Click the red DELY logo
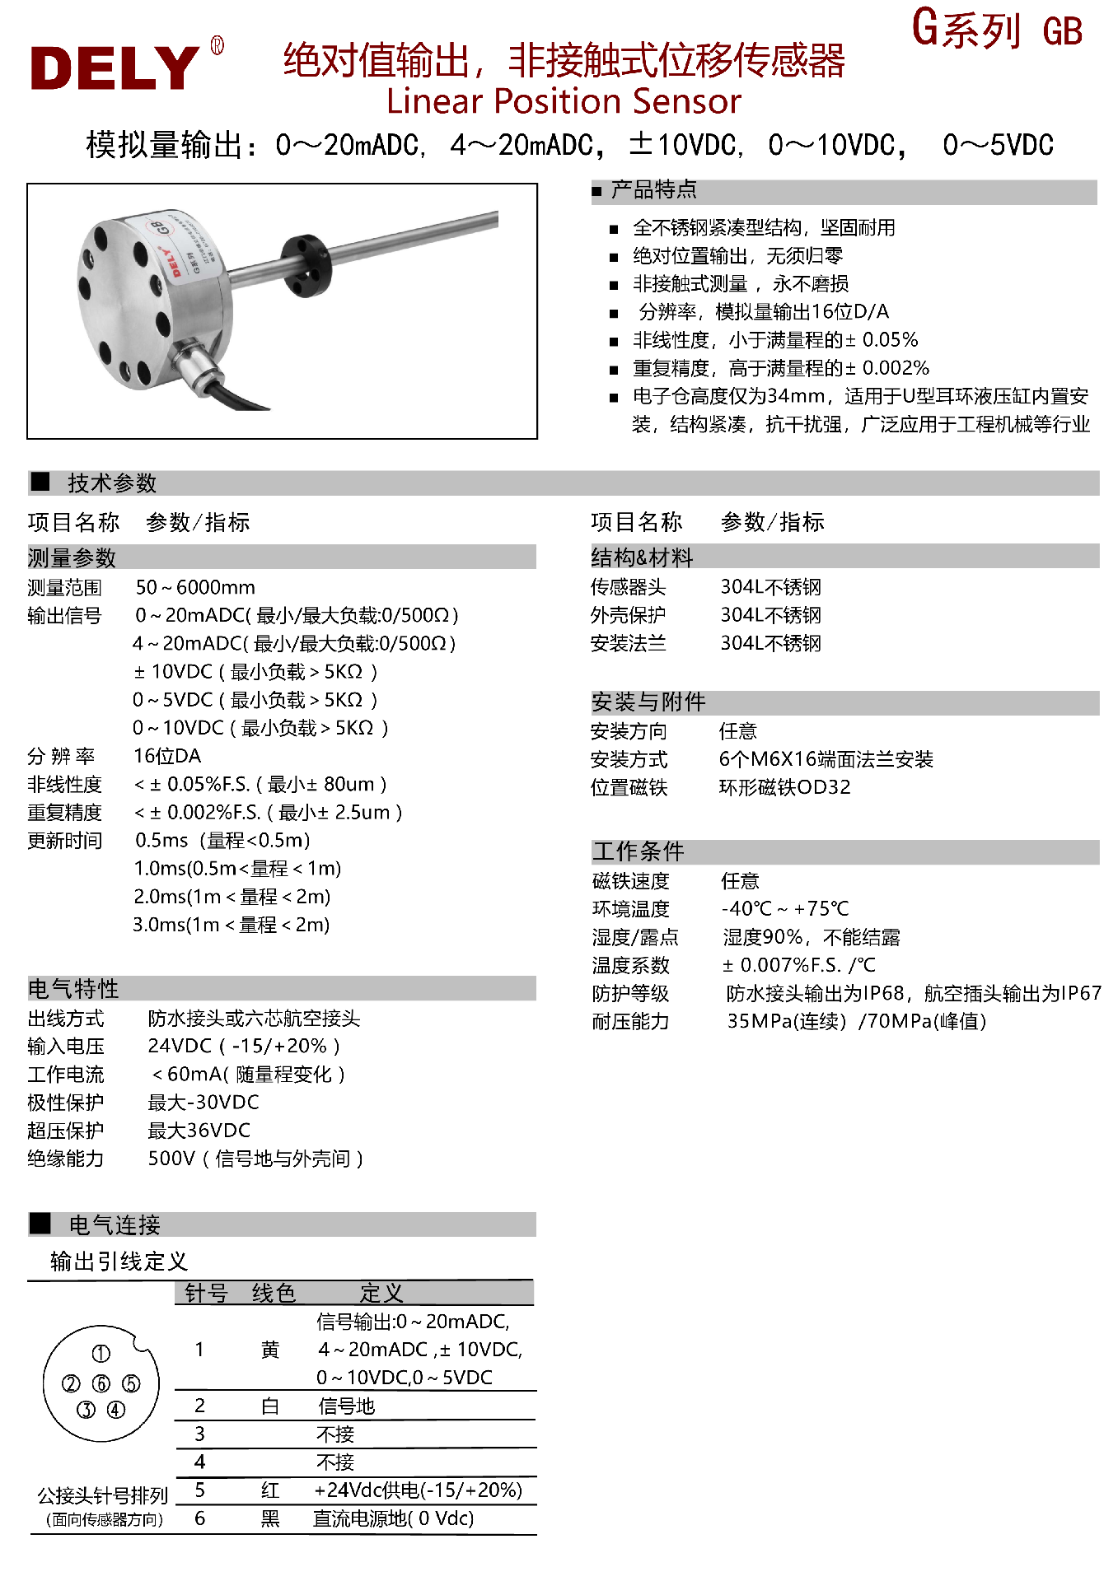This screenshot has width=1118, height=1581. pyautogui.click(x=115, y=68)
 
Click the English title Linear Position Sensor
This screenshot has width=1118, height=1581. pyautogui.click(x=564, y=101)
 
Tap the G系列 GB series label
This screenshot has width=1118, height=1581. pyautogui.click(x=996, y=29)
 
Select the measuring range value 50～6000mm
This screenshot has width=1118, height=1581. pyautogui.click(x=195, y=587)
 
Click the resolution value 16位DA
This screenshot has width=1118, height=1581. pyautogui.click(x=167, y=756)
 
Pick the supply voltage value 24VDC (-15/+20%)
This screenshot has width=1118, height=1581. pyautogui.click(x=243, y=1046)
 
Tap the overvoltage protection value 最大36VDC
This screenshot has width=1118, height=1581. pyautogui.click(x=199, y=1130)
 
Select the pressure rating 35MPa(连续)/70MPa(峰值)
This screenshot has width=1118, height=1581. pyautogui.click(x=856, y=1021)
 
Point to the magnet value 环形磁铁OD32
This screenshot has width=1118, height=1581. pyautogui.click(x=784, y=787)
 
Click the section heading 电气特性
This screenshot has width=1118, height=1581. pyautogui.click(x=73, y=988)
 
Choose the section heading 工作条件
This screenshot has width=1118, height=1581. pyautogui.click(x=639, y=851)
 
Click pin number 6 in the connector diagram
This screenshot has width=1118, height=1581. pyautogui.click(x=101, y=1383)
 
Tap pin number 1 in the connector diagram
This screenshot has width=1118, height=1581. pyautogui.click(x=101, y=1354)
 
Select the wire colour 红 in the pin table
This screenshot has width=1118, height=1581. pyautogui.click(x=270, y=1490)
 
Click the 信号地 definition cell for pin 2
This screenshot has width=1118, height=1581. pyautogui.click(x=347, y=1406)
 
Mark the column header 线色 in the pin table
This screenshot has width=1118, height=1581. pyautogui.click(x=274, y=1293)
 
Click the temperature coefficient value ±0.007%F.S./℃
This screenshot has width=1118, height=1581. pyautogui.click(x=798, y=965)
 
